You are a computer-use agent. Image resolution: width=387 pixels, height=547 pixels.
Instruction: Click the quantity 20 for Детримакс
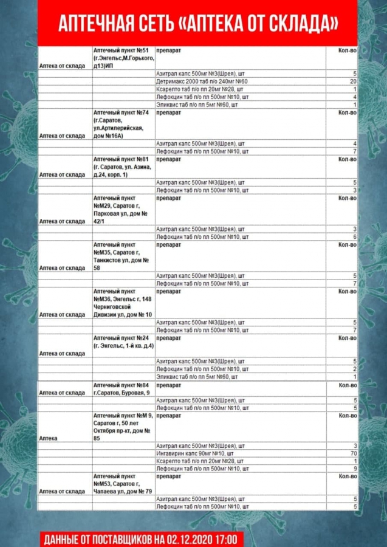tap(352, 81)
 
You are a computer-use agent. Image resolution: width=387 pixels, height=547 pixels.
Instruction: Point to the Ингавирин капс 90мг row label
tap(195, 453)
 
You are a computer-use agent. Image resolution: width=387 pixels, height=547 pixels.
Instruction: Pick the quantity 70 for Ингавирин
tap(352, 453)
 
